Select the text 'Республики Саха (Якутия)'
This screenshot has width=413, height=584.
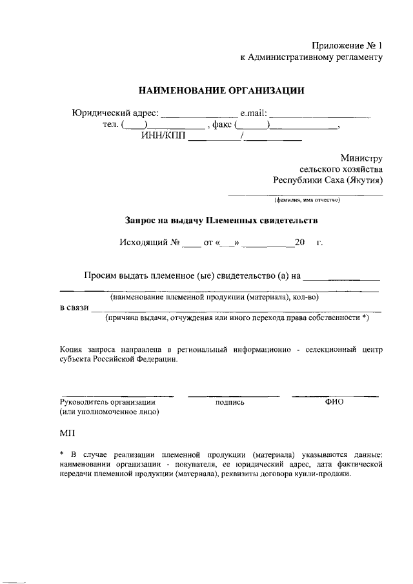point(328,180)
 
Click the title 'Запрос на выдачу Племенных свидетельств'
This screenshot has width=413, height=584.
point(221,220)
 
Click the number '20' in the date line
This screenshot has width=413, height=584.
point(299,243)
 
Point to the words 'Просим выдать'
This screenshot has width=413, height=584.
point(115,276)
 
